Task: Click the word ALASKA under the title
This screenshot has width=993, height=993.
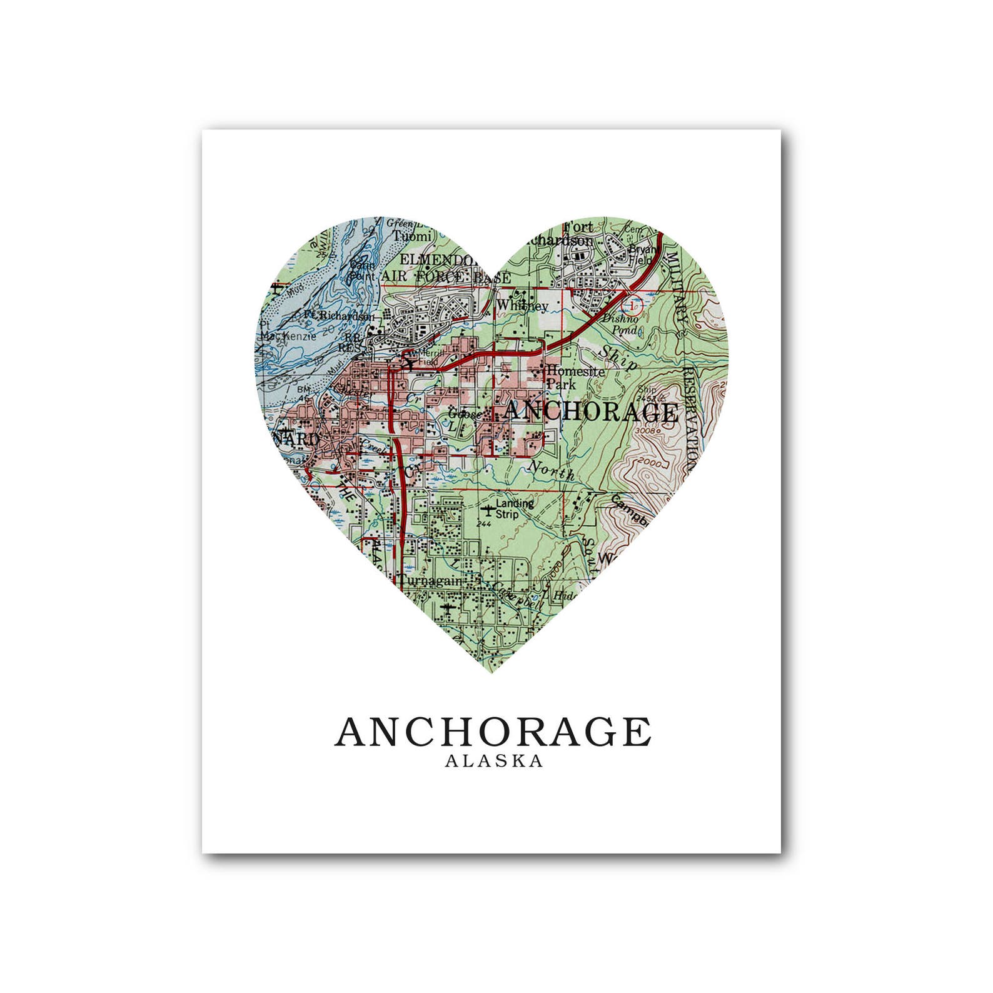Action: coord(493,761)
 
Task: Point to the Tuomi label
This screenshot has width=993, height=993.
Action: coord(412,236)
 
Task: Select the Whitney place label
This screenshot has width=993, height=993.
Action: coord(522,305)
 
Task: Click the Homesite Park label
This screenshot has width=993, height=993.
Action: coord(575,377)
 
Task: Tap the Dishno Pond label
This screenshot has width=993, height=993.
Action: coord(621,324)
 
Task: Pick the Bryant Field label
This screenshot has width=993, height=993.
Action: coord(640,253)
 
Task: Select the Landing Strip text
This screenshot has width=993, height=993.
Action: coord(515,508)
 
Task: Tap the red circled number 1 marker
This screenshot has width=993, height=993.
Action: coord(635,305)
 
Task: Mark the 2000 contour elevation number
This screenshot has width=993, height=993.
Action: coord(652,461)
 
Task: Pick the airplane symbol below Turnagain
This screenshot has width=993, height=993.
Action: coord(446,607)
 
